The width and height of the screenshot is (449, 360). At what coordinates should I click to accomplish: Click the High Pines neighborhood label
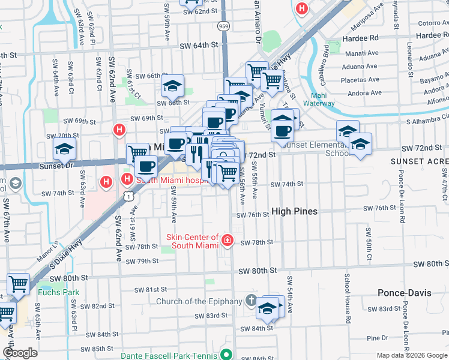[x=294, y=211]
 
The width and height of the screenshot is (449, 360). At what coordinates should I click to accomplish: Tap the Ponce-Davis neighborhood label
[x=402, y=293]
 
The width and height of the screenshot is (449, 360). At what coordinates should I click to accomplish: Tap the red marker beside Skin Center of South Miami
[x=228, y=241]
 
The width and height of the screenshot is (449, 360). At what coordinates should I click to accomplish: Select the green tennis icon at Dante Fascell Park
[x=226, y=355]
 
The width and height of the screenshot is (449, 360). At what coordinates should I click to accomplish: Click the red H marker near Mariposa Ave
[x=301, y=9]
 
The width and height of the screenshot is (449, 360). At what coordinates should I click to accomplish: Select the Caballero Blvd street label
[x=327, y=59]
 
